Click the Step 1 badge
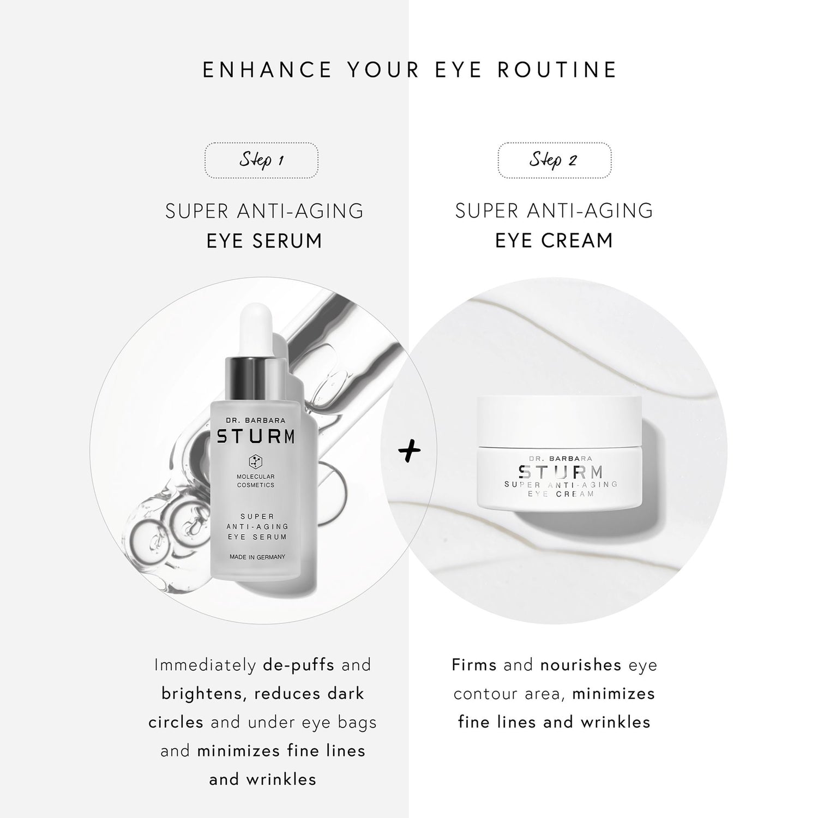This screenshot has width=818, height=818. pos(261,160)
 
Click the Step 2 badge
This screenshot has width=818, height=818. pos(554,160)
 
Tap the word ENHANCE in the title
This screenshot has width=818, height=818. pos(267,70)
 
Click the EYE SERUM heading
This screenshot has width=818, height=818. pos(264,240)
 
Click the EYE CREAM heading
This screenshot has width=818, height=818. pos(554,240)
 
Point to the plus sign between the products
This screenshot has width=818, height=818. pos(409,452)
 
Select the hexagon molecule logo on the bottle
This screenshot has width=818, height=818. pos(255,461)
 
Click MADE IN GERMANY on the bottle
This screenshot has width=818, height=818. pos(255,557)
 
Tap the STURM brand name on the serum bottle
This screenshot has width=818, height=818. pos(255,437)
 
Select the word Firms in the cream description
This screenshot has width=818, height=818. pos(474,665)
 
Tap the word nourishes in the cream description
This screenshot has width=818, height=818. pos(581,665)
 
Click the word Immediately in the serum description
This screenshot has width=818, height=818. pos(205,665)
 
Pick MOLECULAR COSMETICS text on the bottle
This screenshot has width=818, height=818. pos(255,480)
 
